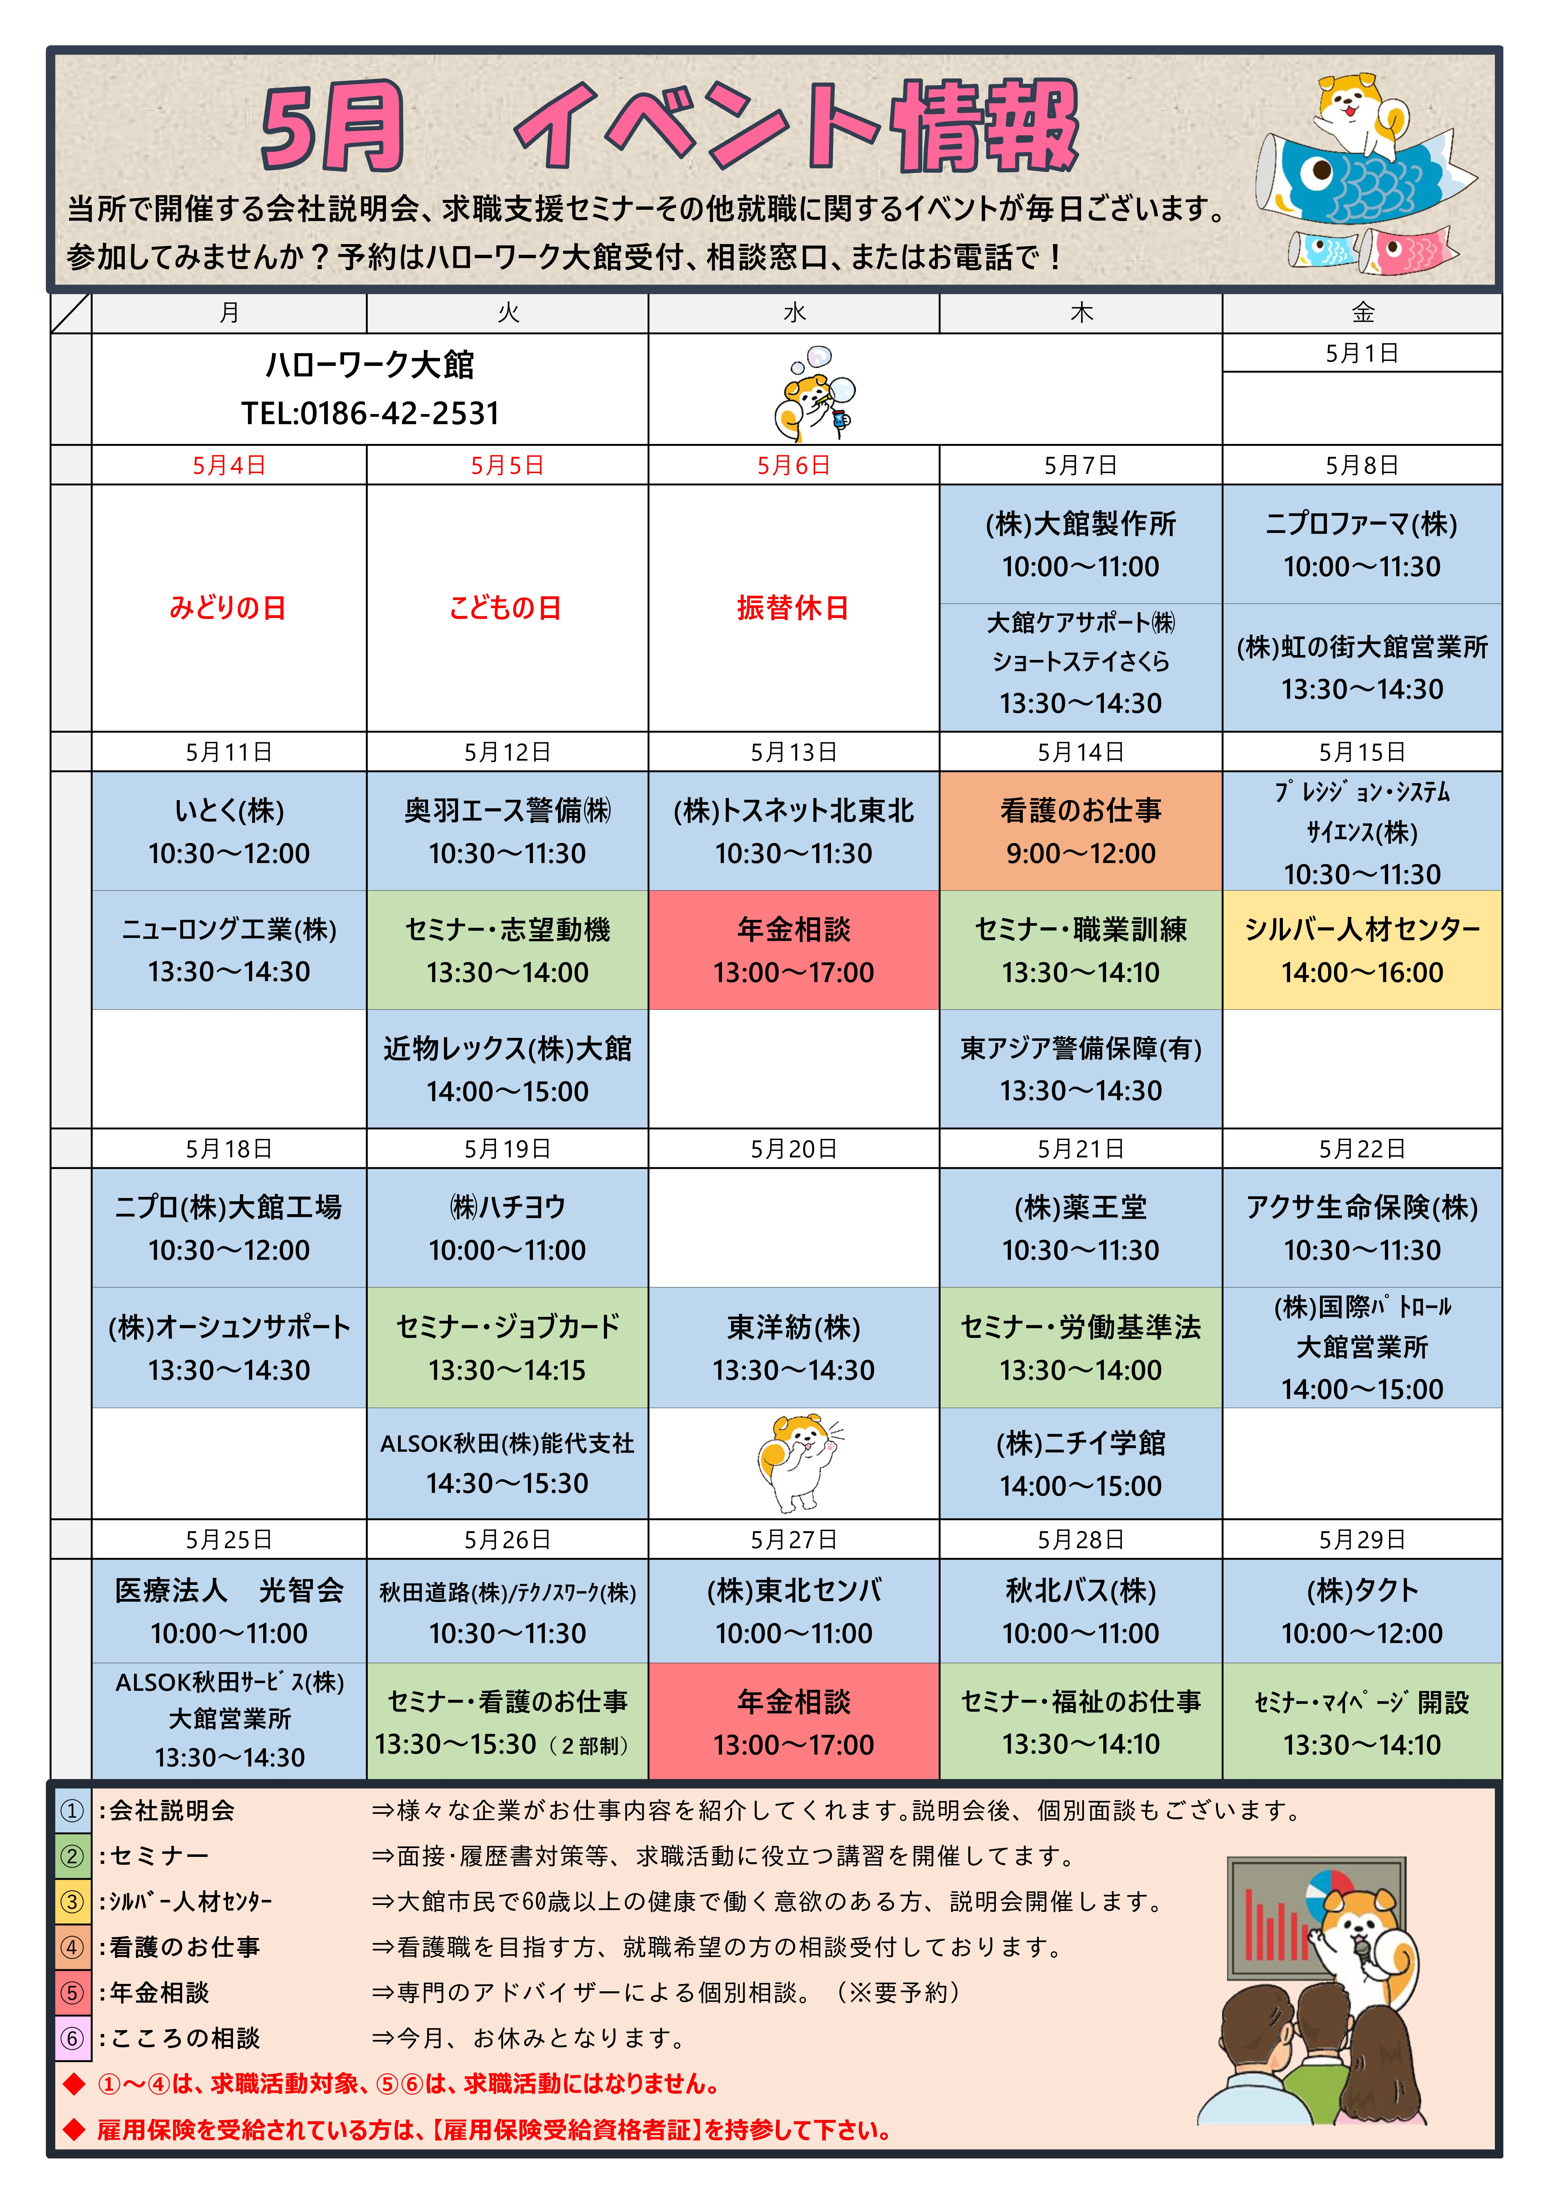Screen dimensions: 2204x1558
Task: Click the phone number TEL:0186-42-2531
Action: [371, 414]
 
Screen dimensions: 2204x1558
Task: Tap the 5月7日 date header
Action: [1081, 466]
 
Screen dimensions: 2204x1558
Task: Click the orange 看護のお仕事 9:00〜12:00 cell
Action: [1081, 831]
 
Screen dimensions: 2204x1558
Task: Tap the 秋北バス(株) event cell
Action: [1081, 1611]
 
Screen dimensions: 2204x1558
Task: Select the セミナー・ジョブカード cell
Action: [507, 1348]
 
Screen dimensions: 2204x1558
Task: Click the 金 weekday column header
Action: [1362, 313]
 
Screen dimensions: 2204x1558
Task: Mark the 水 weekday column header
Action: [794, 313]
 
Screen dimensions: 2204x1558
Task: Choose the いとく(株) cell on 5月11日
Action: [228, 831]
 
